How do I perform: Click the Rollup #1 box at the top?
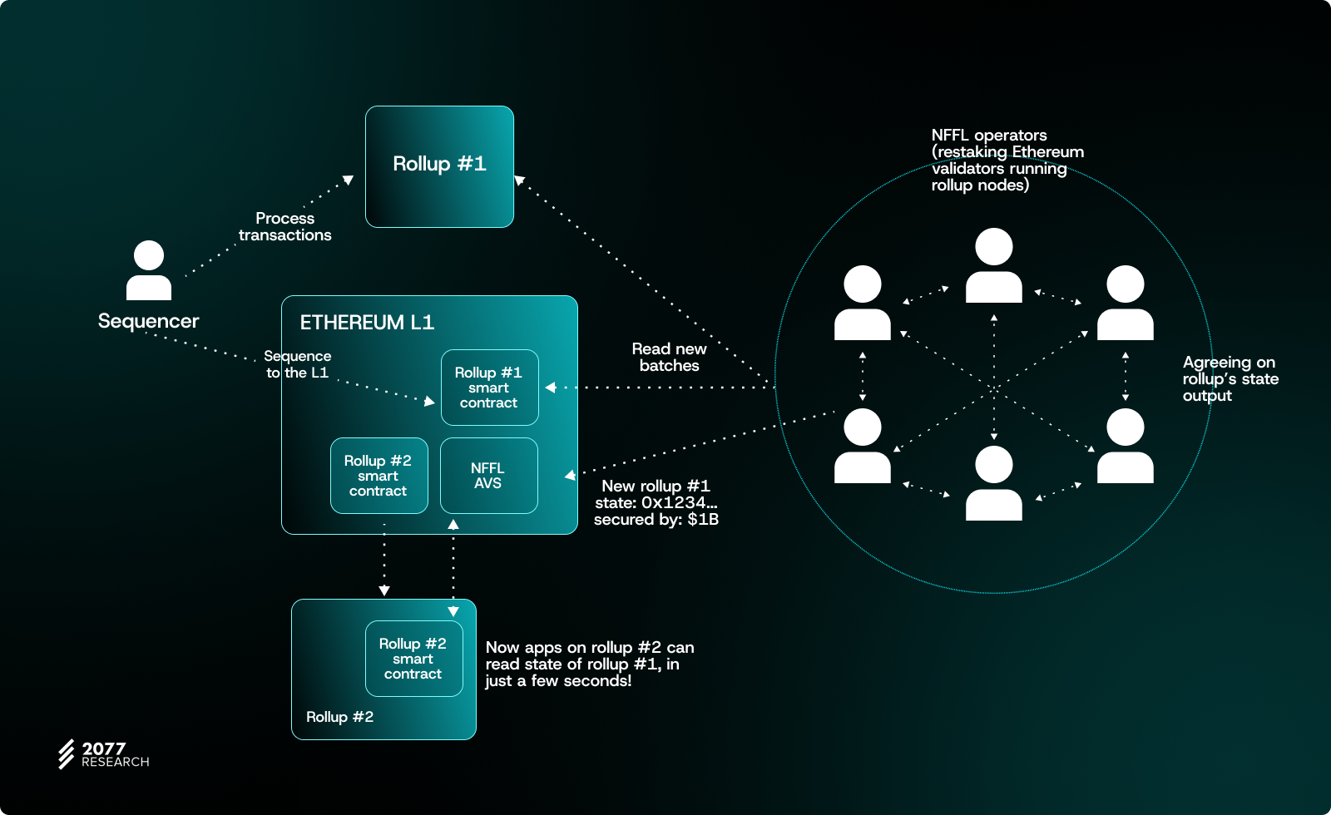[x=439, y=166]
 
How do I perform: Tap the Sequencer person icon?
[x=149, y=270]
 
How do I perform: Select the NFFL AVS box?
[x=488, y=476]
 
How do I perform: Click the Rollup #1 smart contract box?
[x=489, y=388]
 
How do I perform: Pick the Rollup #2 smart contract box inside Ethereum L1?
[x=379, y=476]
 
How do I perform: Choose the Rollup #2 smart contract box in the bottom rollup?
[x=413, y=659]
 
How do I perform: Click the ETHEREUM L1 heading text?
[x=367, y=323]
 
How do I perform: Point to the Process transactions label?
[x=285, y=226]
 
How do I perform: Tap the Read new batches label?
[x=669, y=358]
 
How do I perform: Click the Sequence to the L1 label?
[x=297, y=364]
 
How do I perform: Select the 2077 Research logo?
[x=103, y=754]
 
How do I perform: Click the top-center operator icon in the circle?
[x=994, y=265]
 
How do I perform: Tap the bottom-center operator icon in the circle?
[x=994, y=483]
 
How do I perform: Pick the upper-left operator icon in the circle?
[x=863, y=303]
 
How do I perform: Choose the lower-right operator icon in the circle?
[x=1126, y=446]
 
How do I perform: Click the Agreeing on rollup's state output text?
[x=1230, y=379]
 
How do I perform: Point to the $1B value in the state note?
[x=703, y=520]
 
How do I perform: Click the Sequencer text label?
[x=148, y=321]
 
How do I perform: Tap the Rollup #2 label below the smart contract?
[x=339, y=717]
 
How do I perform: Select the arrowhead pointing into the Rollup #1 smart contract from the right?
[x=551, y=388]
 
